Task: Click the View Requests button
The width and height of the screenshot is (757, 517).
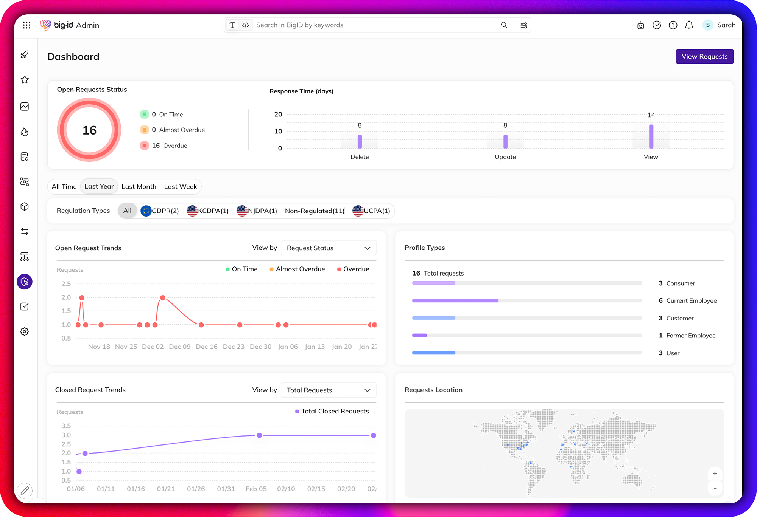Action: [704, 56]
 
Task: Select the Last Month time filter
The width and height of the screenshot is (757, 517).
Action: [139, 187]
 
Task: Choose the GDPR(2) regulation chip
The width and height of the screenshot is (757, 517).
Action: [160, 211]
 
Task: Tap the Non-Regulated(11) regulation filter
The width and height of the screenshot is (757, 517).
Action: [315, 211]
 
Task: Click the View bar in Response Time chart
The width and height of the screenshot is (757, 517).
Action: [651, 136]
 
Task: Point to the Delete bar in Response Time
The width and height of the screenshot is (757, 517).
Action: [360, 141]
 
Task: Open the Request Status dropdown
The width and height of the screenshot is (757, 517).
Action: [328, 248]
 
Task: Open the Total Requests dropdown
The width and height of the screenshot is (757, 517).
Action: [328, 390]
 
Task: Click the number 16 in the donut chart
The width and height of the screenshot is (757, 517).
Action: [89, 130]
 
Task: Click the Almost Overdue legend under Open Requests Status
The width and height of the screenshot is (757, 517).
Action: [178, 130]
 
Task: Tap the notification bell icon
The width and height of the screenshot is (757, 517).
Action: [689, 25]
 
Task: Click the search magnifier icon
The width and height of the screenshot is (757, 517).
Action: [504, 25]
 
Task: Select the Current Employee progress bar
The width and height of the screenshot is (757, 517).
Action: [455, 300]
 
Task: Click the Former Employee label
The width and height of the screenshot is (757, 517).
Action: [691, 336]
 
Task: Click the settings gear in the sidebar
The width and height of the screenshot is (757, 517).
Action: [25, 331]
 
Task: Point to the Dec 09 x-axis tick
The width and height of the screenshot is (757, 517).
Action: [179, 347]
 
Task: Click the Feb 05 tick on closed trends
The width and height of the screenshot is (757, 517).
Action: [256, 489]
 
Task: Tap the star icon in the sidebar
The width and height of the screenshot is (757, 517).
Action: [25, 80]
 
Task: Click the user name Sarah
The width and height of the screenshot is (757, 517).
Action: [726, 25]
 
